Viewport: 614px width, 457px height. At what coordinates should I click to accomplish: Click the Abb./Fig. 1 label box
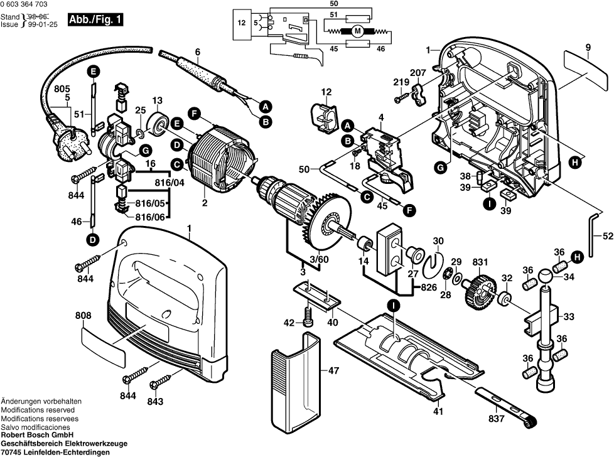tap(96, 20)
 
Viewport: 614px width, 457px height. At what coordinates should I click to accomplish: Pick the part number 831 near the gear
tap(480, 262)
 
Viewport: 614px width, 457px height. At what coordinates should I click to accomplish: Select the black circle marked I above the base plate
tap(393, 306)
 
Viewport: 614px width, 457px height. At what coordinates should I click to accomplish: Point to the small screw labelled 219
tap(399, 99)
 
